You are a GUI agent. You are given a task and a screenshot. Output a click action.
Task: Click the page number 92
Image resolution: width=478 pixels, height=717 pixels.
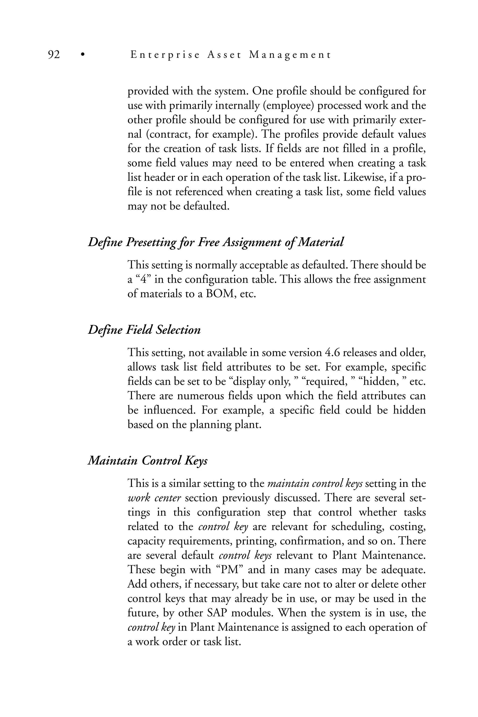point(54,55)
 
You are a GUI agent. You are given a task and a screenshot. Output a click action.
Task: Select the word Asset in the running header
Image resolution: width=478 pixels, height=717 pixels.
point(224,55)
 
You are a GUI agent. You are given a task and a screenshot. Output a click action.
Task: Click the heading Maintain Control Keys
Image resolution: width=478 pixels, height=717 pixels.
point(148,461)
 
